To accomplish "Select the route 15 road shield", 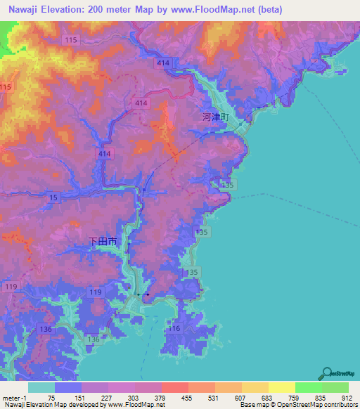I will [54, 199].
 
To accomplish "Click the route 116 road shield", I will [175, 328].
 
